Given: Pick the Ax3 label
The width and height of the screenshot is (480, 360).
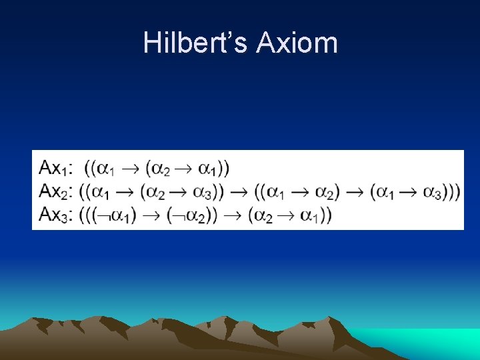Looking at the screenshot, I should pos(55,214).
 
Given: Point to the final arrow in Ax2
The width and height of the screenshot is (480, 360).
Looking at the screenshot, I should pos(355,192).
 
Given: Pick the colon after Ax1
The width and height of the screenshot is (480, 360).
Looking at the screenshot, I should pos(72,168).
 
